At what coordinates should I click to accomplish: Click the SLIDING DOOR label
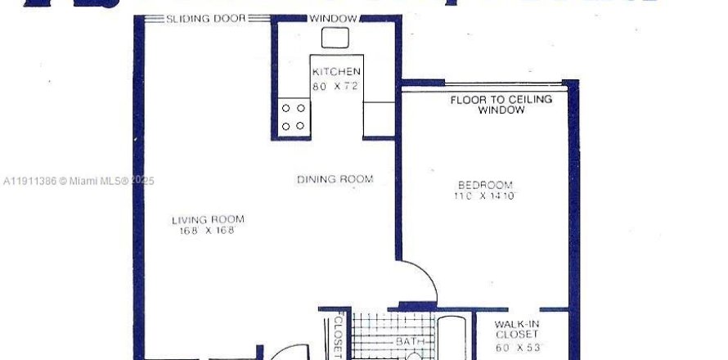[205, 19]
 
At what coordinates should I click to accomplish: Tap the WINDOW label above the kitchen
[334, 19]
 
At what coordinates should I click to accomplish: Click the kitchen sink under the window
[335, 38]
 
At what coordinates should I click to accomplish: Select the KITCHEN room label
[335, 73]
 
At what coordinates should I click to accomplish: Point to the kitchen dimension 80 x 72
[335, 86]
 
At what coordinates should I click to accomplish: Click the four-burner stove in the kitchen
[294, 116]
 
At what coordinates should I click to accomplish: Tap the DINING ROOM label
[335, 179]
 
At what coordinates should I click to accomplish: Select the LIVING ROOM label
[208, 219]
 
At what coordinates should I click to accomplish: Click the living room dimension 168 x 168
[208, 231]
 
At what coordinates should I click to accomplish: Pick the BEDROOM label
[485, 185]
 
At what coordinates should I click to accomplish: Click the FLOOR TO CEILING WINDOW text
[501, 105]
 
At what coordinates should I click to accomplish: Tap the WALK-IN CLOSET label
[517, 329]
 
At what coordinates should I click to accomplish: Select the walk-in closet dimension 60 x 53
[517, 347]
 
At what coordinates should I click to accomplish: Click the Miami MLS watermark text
[78, 182]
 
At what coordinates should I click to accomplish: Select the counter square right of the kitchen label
[379, 115]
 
